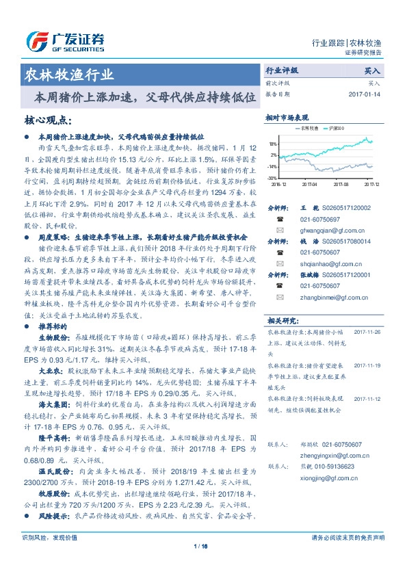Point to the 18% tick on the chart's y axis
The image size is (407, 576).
[273, 144]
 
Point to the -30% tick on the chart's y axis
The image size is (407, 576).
[272, 177]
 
